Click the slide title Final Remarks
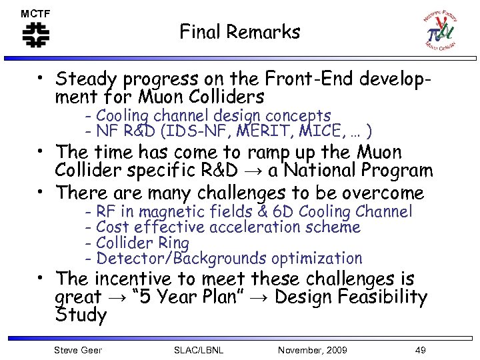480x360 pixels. point(240,31)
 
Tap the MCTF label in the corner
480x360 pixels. point(35,13)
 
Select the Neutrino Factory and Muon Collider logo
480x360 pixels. point(439,30)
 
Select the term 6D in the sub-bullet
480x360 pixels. point(282,212)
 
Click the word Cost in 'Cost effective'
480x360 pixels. point(112,227)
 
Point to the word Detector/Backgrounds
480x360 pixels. point(169,258)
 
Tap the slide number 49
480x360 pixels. point(419,350)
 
